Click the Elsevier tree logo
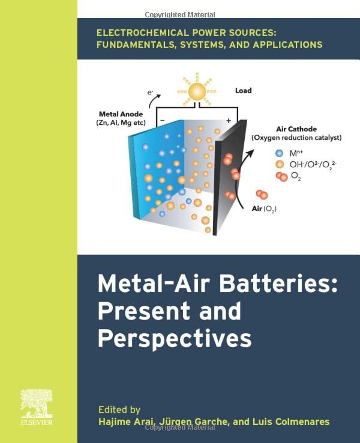click(x=38, y=403)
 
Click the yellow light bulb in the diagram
click(x=196, y=92)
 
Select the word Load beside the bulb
click(x=243, y=91)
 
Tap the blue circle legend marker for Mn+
click(x=279, y=153)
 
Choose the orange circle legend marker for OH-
click(x=279, y=164)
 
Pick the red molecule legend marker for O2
click(x=281, y=176)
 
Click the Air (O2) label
click(x=263, y=209)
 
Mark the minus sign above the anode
click(x=161, y=120)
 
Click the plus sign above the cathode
click(x=228, y=120)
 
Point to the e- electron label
click(x=151, y=93)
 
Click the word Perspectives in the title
click(x=175, y=338)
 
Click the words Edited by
click(x=119, y=410)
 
